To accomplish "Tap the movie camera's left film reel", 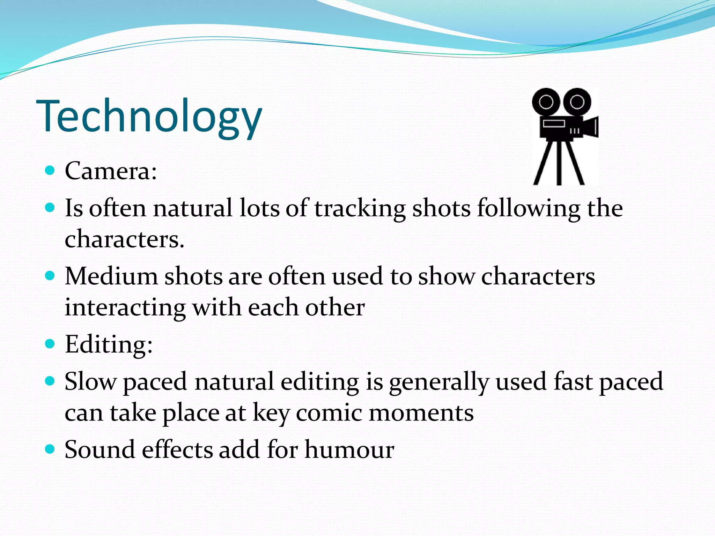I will pos(546,102).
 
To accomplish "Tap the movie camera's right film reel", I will pos(577,102).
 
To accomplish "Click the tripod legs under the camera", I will pos(559,162).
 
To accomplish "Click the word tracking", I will pos(360,208).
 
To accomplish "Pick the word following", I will pos(529,208).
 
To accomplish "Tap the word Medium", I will pos(111,276).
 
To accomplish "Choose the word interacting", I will pos(125,308).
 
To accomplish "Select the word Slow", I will pos(90,381).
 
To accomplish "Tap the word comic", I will pos(329,413).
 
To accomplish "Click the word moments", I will pos(421,413).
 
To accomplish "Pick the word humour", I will pos(349,449).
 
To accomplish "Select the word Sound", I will pos(99,449).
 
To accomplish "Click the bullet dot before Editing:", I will pos(50,344).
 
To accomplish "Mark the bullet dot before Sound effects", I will pos(50,449).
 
